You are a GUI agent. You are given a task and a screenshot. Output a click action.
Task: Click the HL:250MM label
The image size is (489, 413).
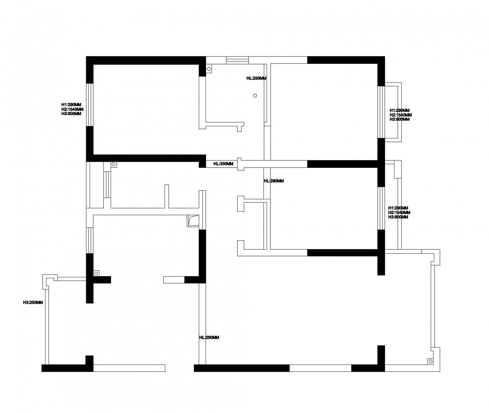[x=256, y=78]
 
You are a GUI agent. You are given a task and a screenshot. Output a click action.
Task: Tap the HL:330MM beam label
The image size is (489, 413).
[x=223, y=164]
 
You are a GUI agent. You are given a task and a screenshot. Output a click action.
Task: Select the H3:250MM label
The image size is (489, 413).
[x=33, y=303]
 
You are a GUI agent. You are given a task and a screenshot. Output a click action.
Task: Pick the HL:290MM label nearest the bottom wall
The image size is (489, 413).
[x=209, y=338]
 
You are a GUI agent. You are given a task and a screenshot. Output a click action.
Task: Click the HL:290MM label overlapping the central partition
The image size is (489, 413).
[x=274, y=181]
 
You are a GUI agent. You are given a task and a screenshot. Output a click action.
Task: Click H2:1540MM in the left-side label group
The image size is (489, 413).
[x=72, y=109]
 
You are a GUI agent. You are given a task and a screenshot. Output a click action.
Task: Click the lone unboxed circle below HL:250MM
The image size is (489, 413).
[x=255, y=96]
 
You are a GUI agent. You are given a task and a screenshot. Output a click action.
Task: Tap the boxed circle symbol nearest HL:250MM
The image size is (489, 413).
[x=209, y=69]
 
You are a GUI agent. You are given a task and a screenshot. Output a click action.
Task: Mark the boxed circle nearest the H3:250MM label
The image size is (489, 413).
[x=96, y=274]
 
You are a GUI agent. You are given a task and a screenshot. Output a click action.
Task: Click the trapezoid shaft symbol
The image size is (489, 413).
[x=193, y=221]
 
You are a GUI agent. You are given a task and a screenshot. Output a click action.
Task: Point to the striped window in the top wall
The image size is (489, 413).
[x=237, y=60]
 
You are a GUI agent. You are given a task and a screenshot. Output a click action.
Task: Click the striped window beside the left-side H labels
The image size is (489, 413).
[x=90, y=105]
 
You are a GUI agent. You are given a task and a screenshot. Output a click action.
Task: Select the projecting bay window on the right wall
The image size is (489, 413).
[x=390, y=112]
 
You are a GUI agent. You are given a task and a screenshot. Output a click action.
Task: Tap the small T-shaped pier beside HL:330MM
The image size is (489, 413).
[x=241, y=164]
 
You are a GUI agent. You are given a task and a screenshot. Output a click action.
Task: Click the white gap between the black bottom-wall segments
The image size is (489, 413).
[x=321, y=368]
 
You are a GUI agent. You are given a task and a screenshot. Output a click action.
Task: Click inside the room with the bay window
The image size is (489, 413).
[x=324, y=112]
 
